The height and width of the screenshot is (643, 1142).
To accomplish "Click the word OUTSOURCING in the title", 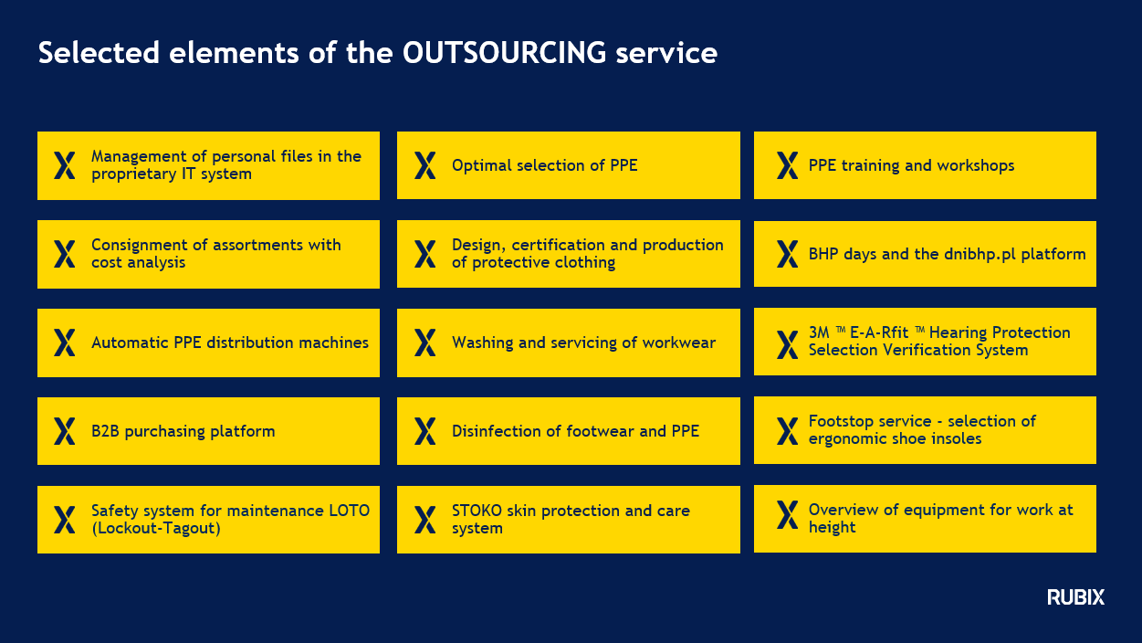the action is (504, 53).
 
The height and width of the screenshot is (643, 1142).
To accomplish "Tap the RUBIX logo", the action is (1075, 596).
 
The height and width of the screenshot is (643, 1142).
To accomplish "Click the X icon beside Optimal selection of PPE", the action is (424, 165).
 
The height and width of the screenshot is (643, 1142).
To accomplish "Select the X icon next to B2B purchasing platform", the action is (64, 431).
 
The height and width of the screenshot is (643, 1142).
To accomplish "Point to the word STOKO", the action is (477, 511).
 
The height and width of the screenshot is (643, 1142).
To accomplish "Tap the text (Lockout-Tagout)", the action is (156, 528).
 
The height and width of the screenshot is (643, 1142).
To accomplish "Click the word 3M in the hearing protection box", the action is (819, 332).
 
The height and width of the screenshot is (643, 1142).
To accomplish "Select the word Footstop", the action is (842, 421).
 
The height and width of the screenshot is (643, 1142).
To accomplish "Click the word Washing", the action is (482, 343).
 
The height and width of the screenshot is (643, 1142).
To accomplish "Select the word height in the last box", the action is (832, 527).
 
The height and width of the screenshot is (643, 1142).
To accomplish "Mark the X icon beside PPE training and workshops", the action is (787, 165).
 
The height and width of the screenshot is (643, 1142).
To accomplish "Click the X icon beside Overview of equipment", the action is (787, 515).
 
